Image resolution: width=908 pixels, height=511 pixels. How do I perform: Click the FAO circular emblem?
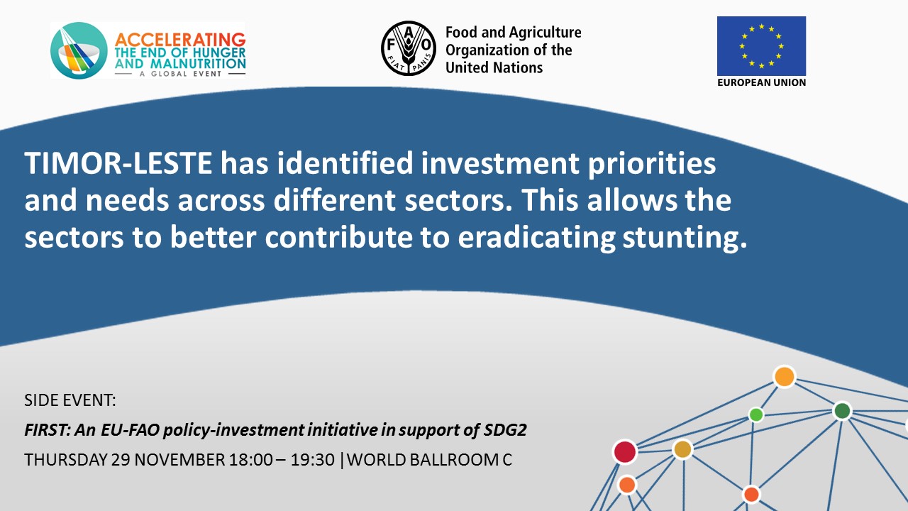[x=409, y=49]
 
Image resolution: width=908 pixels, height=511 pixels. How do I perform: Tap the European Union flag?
[x=761, y=46]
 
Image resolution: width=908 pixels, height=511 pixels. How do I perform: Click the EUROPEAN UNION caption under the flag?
[x=761, y=82]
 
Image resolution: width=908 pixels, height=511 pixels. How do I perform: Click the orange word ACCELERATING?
[x=180, y=40]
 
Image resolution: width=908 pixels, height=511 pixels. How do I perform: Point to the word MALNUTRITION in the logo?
[x=198, y=64]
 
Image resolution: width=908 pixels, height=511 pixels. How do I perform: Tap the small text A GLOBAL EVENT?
[x=180, y=74]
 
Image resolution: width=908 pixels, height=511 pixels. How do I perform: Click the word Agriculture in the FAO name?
[x=546, y=32]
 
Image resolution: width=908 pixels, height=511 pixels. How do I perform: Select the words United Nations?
[x=494, y=67]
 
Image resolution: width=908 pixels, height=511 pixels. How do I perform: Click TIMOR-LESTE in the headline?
[x=118, y=163]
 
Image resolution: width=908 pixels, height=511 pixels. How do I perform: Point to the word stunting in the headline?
[x=685, y=238]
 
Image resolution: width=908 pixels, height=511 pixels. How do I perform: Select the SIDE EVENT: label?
[x=70, y=400]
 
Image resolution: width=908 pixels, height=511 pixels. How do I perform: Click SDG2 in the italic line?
[x=505, y=430]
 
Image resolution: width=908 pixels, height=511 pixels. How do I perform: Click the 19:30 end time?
[x=313, y=460]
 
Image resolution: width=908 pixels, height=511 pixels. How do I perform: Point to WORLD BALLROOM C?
[x=429, y=460]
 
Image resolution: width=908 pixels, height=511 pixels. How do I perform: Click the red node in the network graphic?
[x=625, y=452]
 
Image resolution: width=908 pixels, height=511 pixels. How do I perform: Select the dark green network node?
[x=842, y=411]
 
